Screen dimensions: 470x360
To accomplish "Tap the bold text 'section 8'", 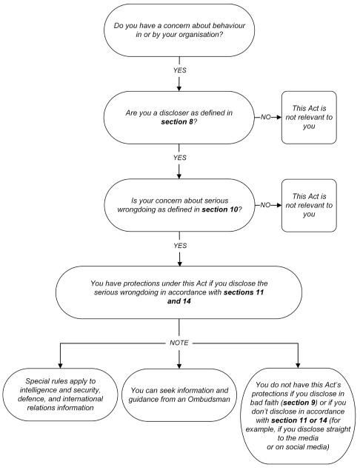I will point(179,121).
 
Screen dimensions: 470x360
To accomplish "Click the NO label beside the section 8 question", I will point(266,116).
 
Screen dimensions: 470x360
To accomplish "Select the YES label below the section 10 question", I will point(180,246).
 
